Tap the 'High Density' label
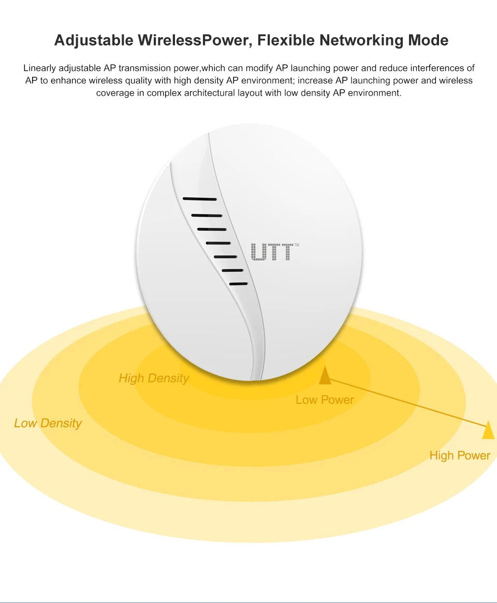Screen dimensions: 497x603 [x=154, y=379]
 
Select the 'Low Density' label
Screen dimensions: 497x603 [x=48, y=424]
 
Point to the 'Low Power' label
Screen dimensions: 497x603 [x=325, y=400]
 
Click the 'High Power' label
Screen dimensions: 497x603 [x=460, y=456]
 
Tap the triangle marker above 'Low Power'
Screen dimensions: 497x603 [x=325, y=375]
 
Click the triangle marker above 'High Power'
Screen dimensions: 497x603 [x=489, y=430]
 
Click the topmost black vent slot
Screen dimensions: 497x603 [x=200, y=199]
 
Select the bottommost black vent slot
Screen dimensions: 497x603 [x=239, y=284]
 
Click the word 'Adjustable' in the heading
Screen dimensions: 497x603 [x=94, y=40]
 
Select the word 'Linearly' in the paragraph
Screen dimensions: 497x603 [x=40, y=68]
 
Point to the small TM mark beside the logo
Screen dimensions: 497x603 [x=297, y=245]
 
